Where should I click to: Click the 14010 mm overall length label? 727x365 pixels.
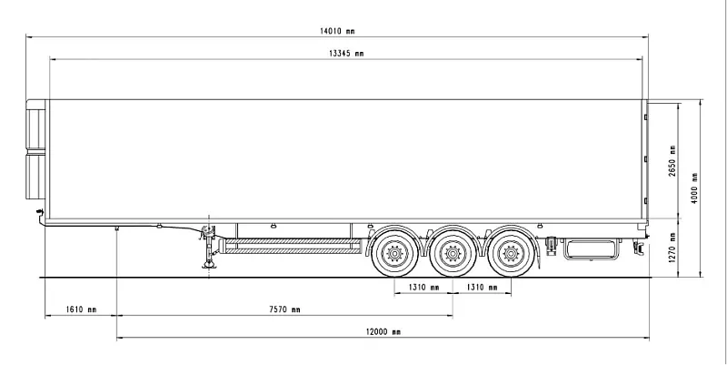(x=337, y=31)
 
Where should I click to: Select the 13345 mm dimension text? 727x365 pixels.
(x=346, y=54)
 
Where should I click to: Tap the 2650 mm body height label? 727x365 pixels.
(x=672, y=161)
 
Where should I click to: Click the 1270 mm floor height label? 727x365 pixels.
(x=672, y=247)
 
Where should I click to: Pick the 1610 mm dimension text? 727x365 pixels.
(x=81, y=309)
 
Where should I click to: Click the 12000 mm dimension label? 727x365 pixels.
(x=383, y=331)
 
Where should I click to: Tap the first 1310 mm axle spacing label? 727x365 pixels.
(x=423, y=288)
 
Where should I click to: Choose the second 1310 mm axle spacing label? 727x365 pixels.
(x=482, y=288)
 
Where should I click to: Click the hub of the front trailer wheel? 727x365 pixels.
(x=394, y=254)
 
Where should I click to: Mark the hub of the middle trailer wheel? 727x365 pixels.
(x=453, y=254)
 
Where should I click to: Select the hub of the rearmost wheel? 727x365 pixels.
(x=511, y=254)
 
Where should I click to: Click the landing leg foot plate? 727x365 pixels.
(x=208, y=265)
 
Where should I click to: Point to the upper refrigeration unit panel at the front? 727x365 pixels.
(x=35, y=129)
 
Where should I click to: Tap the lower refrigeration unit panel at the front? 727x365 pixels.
(x=35, y=177)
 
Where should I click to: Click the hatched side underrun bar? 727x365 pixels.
(x=292, y=246)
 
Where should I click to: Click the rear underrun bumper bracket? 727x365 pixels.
(x=640, y=247)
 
